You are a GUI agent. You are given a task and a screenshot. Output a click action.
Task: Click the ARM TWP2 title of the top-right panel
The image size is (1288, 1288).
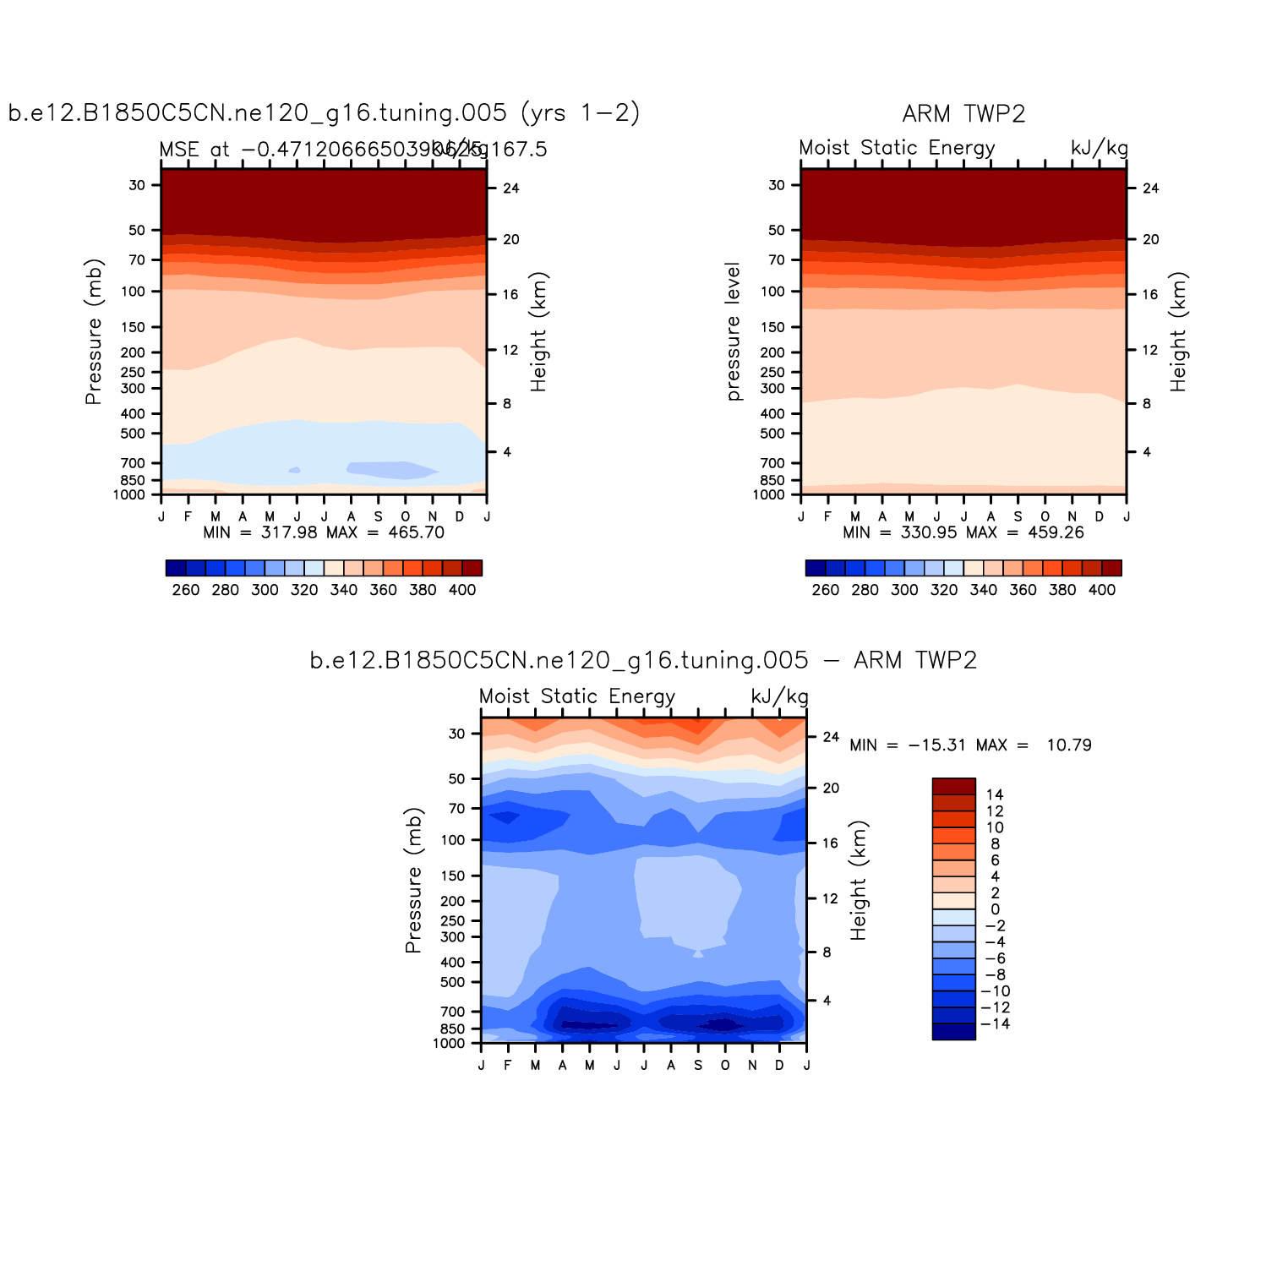pyautogui.click(x=963, y=114)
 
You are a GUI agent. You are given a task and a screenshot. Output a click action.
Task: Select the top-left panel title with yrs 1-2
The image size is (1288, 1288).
pyautogui.click(x=324, y=112)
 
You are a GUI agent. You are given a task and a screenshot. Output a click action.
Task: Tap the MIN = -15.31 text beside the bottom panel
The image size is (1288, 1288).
pyautogui.click(x=908, y=745)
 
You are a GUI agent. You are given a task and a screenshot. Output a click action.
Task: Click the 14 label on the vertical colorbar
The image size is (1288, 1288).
pyautogui.click(x=995, y=794)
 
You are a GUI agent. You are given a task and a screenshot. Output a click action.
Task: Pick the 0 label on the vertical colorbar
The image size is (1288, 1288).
pyautogui.click(x=995, y=909)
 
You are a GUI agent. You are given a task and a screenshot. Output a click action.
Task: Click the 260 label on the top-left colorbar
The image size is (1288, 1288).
pyautogui.click(x=185, y=590)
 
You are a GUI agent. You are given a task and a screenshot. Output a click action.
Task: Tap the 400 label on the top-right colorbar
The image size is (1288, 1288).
pyautogui.click(x=1102, y=590)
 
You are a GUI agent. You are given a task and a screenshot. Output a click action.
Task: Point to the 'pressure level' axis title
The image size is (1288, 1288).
pyautogui.click(x=733, y=331)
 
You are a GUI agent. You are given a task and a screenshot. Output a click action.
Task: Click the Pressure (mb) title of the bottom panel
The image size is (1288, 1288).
pyautogui.click(x=413, y=880)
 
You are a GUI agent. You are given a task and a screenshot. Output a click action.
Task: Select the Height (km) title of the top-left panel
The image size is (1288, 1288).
pyautogui.click(x=539, y=332)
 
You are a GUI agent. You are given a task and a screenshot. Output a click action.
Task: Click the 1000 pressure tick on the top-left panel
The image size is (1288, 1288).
pyautogui.click(x=129, y=495)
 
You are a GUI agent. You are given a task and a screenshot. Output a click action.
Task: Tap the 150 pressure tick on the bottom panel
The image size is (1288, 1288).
pyautogui.click(x=453, y=876)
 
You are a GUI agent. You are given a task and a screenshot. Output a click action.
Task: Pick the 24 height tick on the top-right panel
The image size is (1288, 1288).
pyautogui.click(x=1150, y=188)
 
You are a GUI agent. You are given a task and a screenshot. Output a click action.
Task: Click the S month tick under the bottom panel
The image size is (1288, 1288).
pyautogui.click(x=698, y=1066)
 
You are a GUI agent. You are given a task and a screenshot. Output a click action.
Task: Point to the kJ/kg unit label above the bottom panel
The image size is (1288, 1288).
pyautogui.click(x=779, y=696)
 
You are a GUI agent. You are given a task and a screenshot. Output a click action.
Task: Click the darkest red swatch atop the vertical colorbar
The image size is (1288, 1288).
pyautogui.click(x=953, y=786)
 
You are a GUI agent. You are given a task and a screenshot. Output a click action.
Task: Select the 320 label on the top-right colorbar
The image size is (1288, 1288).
pyautogui.click(x=944, y=590)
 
